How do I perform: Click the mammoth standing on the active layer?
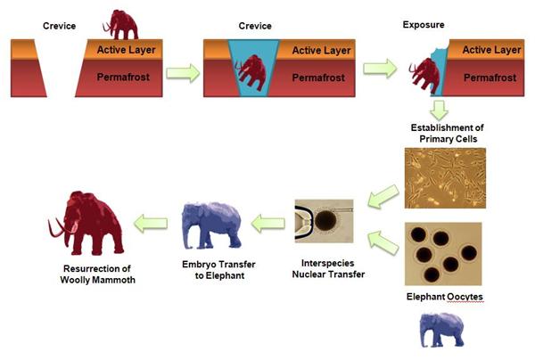(x=120, y=25)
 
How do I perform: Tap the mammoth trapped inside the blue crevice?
(x=251, y=72)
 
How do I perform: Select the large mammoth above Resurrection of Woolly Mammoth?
(x=86, y=224)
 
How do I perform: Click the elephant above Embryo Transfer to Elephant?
(x=211, y=225)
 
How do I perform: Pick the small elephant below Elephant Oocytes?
(x=441, y=330)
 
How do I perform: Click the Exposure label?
(x=424, y=25)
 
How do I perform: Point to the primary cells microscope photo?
(x=445, y=178)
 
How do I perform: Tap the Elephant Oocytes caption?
(x=444, y=297)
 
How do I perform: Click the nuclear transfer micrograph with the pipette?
(x=325, y=221)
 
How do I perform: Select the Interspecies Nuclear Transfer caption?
(x=328, y=268)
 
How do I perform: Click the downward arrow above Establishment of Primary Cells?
(x=439, y=110)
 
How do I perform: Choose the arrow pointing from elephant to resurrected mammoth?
(x=151, y=224)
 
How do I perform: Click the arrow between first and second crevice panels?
(x=183, y=73)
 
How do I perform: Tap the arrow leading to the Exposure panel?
(x=380, y=69)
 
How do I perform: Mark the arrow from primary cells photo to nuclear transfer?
(x=383, y=196)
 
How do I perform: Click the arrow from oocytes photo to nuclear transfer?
(x=383, y=242)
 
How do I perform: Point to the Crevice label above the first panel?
(x=59, y=26)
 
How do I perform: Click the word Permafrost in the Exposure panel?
(x=490, y=78)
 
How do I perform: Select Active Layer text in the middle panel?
(x=321, y=51)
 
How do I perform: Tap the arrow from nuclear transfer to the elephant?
(x=267, y=224)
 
